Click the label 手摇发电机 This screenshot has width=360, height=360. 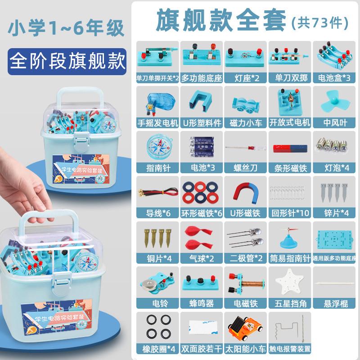(x=157, y=122)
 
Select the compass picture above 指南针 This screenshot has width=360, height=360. (x=156, y=144)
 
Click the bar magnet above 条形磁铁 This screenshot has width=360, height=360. (x=288, y=148)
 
